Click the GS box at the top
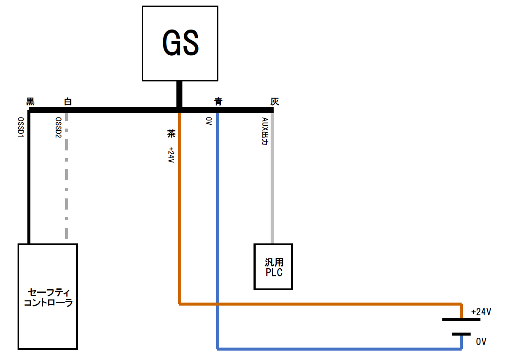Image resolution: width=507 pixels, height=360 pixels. pyautogui.click(x=180, y=43)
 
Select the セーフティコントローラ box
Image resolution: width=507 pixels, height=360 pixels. pyautogui.click(x=48, y=296)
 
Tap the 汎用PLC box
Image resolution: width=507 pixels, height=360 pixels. pyautogui.click(x=274, y=267)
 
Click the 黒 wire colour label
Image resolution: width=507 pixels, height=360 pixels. pyautogui.click(x=30, y=102)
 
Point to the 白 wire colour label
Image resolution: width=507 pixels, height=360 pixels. pyautogui.click(x=68, y=102)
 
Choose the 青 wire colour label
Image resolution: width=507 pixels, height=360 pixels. pyautogui.click(x=218, y=102)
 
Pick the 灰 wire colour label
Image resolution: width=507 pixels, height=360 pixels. pyautogui.click(x=274, y=102)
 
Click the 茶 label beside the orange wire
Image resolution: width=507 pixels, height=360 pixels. pyautogui.click(x=171, y=134)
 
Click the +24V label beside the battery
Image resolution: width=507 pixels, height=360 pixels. pyautogui.click(x=480, y=312)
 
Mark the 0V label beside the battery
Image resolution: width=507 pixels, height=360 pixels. pyautogui.click(x=481, y=342)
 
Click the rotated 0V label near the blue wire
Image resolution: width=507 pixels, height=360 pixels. pyautogui.click(x=209, y=121)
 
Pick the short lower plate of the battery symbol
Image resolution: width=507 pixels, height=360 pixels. pyautogui.click(x=461, y=334)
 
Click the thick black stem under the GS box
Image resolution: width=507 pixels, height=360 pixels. pyautogui.click(x=179, y=94)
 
